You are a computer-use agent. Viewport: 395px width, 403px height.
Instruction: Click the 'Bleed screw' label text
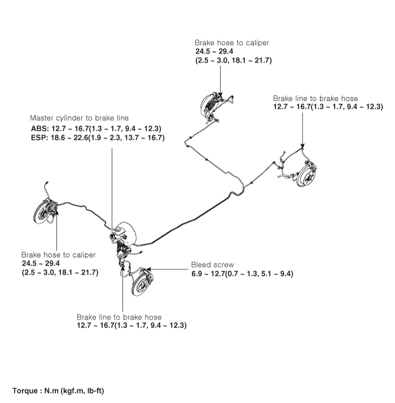tap(213, 265)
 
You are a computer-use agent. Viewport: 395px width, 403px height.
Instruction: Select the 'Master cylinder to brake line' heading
tap(79, 118)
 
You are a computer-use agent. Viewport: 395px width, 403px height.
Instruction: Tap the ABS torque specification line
tap(96, 129)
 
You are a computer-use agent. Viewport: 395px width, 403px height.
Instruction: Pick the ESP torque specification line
tap(98, 138)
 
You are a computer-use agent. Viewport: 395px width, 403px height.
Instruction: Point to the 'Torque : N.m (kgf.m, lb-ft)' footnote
tap(58, 391)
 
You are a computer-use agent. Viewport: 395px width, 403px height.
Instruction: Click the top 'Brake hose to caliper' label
tap(232, 43)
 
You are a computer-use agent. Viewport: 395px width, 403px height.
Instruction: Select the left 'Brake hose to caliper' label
tap(59, 255)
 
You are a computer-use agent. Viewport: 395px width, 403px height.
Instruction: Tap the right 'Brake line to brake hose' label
tap(315, 99)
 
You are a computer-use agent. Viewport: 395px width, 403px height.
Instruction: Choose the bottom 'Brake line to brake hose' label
tap(119, 317)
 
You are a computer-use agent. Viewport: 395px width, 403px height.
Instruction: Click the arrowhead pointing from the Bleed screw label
tap(148, 269)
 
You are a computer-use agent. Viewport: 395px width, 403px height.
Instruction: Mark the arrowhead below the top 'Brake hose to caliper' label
tap(220, 95)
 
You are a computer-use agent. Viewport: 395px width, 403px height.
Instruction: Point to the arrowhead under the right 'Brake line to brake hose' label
tap(302, 146)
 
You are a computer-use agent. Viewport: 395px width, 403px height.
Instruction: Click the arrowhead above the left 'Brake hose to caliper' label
tap(56, 211)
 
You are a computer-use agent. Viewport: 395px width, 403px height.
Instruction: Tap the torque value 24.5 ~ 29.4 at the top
tap(214, 51)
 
